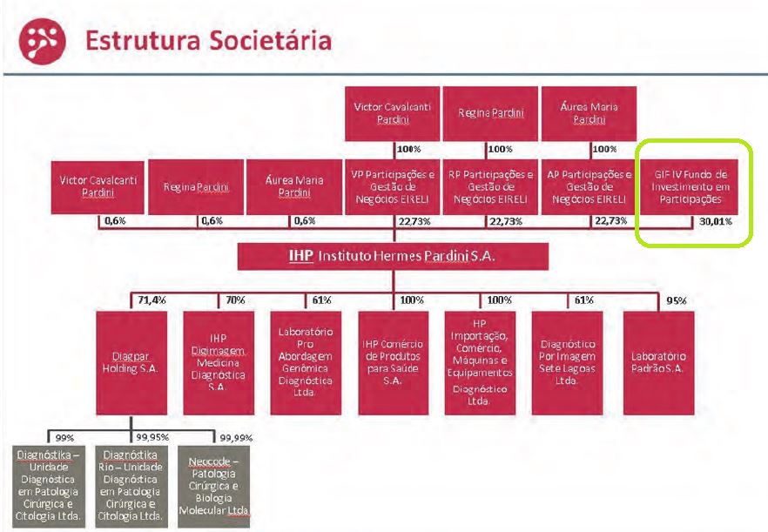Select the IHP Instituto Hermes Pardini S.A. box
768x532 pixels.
394,256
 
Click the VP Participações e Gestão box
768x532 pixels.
394,186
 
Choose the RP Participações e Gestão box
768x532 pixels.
490,186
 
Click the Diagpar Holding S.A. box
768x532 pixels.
132,362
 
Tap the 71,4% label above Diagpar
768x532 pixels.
152,300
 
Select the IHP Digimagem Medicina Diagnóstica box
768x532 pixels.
218,362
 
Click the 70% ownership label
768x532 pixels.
235,300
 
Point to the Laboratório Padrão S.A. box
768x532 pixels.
659,362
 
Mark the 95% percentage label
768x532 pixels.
676,300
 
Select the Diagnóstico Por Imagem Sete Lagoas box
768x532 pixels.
568,362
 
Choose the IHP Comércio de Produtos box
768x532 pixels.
394,362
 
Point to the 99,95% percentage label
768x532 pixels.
152,436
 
